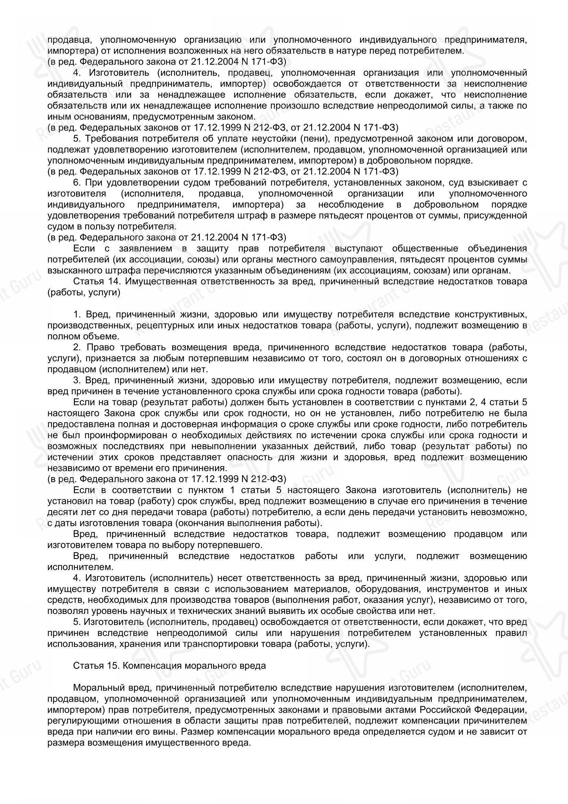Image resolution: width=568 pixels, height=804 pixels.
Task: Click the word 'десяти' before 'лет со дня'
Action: point(60,512)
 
